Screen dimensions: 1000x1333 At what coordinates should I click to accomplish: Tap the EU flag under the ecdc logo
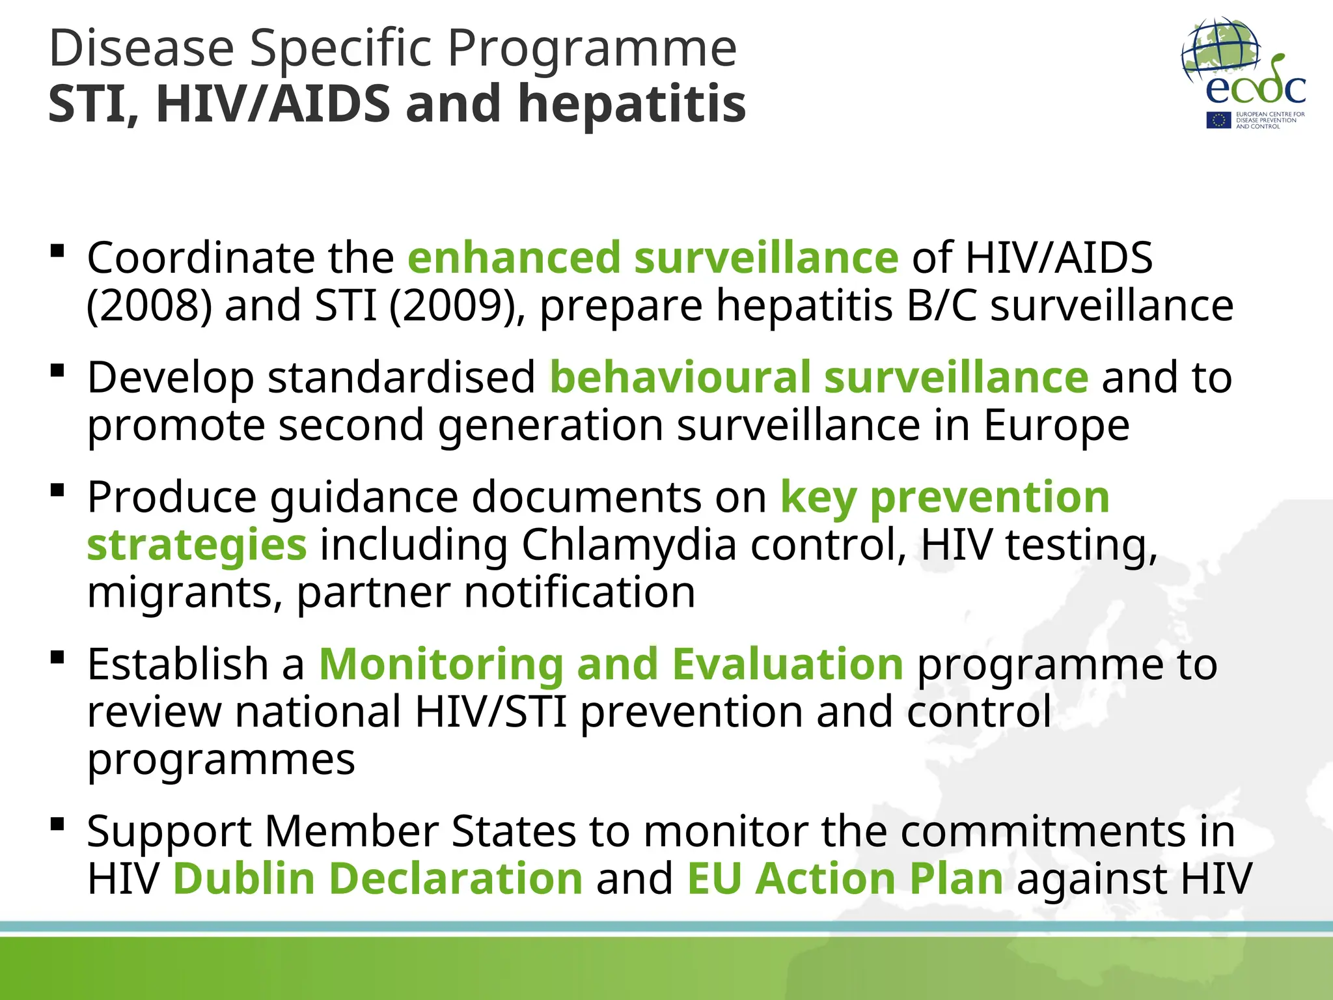click(1218, 120)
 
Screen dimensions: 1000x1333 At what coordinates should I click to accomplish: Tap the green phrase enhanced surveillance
click(653, 257)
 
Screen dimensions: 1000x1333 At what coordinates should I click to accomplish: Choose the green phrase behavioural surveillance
click(819, 377)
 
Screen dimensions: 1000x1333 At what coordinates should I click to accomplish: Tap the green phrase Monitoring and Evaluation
click(611, 664)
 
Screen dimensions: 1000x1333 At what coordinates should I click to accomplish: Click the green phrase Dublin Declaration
click(378, 878)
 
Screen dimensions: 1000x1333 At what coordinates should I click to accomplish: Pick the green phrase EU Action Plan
click(845, 878)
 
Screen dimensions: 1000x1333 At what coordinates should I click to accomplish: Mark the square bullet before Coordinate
click(57, 251)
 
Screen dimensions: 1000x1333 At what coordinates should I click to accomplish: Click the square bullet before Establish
click(57, 657)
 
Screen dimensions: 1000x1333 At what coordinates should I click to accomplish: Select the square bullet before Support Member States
click(57, 824)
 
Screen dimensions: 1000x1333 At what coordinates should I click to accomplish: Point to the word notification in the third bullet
click(580, 592)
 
